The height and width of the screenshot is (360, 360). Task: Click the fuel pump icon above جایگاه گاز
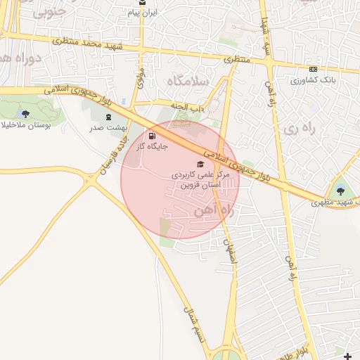153,136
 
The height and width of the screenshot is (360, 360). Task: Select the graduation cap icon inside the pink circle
191,164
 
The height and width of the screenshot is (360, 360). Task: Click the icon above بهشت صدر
108,117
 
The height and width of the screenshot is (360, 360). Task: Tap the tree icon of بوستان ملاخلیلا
26,114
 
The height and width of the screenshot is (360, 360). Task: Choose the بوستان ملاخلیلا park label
25,126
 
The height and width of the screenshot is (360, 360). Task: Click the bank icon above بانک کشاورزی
312,69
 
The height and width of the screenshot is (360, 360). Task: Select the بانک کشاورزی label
309,79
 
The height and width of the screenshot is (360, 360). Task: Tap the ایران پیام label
144,13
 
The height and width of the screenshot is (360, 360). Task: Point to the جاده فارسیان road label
117,150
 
